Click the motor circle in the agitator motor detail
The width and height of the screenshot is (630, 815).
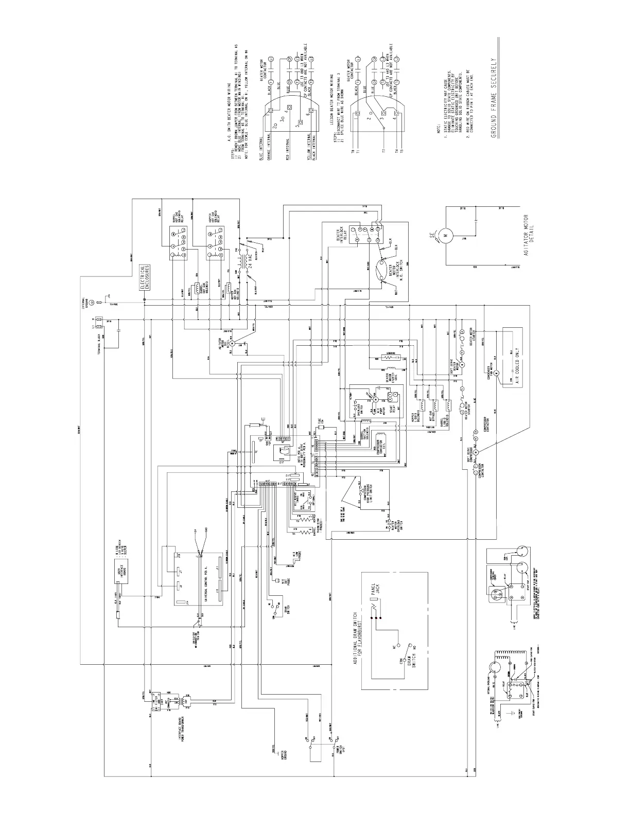click(x=446, y=235)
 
